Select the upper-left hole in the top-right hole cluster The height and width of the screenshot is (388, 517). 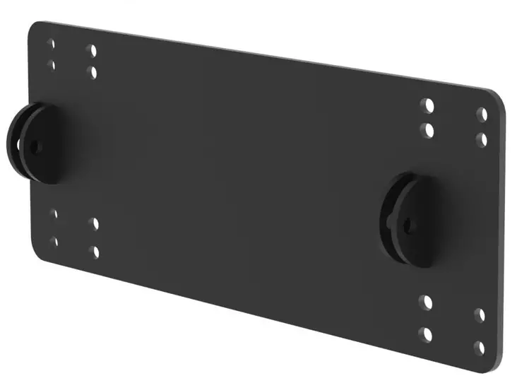click(x=427, y=106)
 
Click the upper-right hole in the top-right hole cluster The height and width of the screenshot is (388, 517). click(x=482, y=114)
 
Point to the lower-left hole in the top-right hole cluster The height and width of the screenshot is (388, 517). click(x=427, y=130)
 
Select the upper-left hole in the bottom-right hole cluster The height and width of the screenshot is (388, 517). click(x=425, y=302)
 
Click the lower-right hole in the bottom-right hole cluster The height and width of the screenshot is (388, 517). click(x=480, y=347)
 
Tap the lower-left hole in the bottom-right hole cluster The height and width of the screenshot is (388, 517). click(x=425, y=334)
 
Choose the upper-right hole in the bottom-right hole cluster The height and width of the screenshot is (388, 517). click(x=480, y=315)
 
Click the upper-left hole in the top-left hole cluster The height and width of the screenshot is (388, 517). click(x=51, y=44)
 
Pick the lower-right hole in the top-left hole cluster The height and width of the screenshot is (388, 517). click(x=92, y=72)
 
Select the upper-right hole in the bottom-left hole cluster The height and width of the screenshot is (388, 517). click(x=94, y=223)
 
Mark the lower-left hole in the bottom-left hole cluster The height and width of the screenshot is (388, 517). click(x=54, y=242)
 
